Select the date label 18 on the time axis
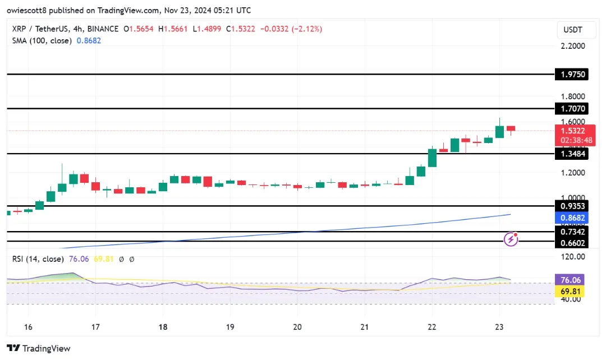[x=163, y=327]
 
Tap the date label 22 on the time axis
[x=432, y=327]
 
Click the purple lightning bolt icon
[x=511, y=239]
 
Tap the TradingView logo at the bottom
[x=39, y=348]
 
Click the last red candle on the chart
[x=511, y=129]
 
